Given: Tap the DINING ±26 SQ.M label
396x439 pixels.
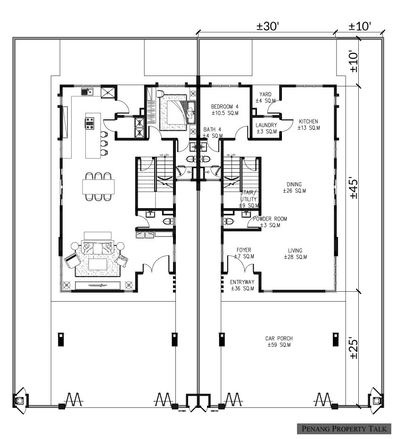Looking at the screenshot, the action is coord(294,187).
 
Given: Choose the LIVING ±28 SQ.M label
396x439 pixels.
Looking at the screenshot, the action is coord(295,253).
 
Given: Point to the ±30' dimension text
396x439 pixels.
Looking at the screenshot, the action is coord(268,26).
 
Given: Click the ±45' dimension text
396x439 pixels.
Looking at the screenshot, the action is coord(354,187).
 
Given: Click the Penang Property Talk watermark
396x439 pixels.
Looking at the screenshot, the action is coord(344,428).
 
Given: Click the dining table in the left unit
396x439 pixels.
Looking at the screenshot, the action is coord(99,186).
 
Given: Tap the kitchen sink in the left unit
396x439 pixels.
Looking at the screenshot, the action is coord(88,92).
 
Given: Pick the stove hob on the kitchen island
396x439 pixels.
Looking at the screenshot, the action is coord(90,124).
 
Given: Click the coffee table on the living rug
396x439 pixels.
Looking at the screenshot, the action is coord(98,264).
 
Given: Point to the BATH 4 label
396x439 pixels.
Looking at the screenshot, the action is coord(213,133).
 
